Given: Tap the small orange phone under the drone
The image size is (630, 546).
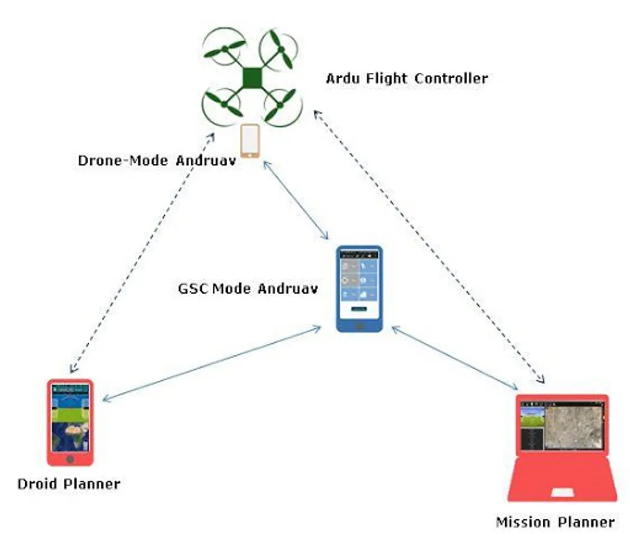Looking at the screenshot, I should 250,141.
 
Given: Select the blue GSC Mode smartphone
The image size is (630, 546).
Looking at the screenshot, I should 359,289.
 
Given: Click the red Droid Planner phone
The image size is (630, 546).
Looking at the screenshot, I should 70,422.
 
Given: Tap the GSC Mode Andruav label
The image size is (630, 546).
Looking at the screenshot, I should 248,288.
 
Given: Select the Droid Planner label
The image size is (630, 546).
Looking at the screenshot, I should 68,484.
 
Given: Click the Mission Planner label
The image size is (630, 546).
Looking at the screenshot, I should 555,522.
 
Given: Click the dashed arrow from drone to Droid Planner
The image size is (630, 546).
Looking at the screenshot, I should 142,253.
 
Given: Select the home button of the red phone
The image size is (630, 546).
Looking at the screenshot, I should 70,459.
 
